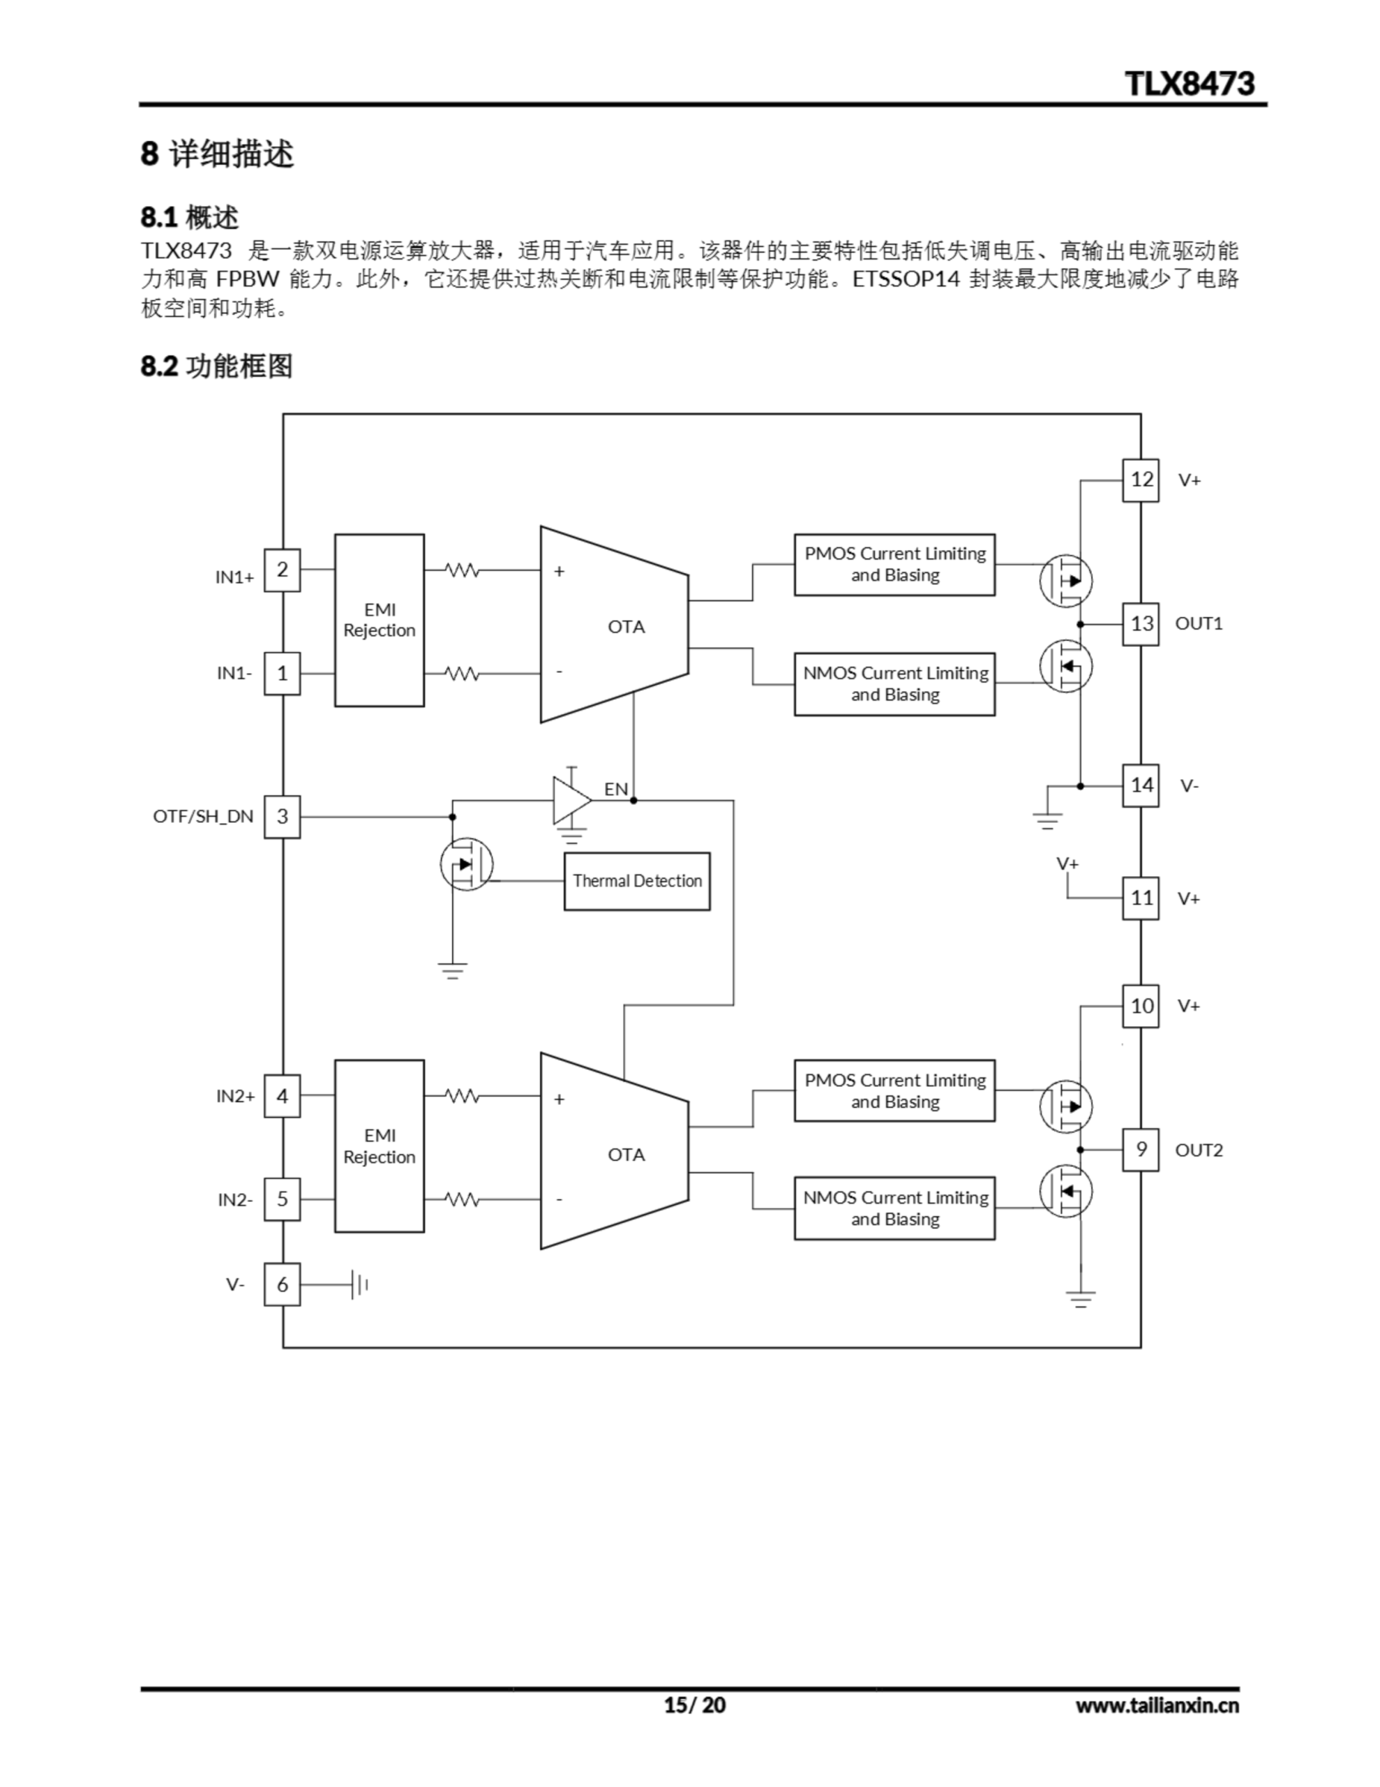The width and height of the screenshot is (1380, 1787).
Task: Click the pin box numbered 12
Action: click(1140, 480)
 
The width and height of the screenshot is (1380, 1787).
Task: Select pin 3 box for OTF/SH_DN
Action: click(283, 816)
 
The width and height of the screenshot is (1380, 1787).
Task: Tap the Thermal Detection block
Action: click(636, 881)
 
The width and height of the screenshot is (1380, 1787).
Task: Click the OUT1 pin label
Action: click(1199, 623)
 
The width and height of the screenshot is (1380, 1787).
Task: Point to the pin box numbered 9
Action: click(1140, 1150)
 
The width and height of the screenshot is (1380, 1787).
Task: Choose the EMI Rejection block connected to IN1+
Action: click(380, 620)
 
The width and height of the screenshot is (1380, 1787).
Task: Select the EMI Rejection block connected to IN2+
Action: click(380, 1146)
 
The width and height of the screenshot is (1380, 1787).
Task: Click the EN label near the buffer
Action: click(616, 789)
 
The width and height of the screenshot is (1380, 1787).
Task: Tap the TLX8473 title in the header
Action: click(1190, 84)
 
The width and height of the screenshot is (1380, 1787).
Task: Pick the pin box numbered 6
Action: click(283, 1284)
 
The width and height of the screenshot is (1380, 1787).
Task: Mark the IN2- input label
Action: click(235, 1199)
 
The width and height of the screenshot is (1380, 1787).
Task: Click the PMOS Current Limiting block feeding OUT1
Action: click(894, 565)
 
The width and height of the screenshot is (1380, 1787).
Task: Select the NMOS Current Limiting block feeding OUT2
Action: click(894, 1208)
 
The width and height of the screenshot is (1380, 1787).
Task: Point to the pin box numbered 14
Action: click(1140, 785)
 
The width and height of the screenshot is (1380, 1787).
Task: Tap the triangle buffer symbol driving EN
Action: click(570, 800)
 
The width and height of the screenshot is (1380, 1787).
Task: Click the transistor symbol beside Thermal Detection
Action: click(466, 864)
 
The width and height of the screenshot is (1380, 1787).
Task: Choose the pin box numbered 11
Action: click(1140, 898)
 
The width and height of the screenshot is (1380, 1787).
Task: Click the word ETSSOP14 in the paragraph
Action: click(906, 280)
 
